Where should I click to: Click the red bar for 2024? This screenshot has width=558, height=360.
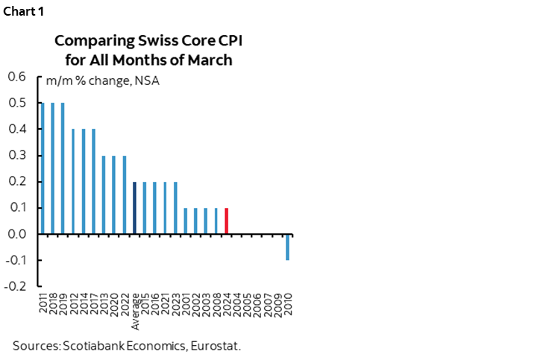(226, 221)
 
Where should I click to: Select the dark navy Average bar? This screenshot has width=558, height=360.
(134, 208)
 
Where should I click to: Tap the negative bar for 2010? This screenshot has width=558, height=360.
(288, 247)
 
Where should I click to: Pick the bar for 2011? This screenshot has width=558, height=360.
(43, 168)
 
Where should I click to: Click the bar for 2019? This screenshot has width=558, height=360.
(63, 168)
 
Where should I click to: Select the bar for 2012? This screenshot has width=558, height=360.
(73, 181)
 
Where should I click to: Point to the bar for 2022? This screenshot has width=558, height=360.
(124, 195)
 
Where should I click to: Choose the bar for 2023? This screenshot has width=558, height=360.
(175, 208)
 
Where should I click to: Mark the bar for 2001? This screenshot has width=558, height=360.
(185, 221)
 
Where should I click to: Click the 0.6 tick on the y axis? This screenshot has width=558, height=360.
(16, 77)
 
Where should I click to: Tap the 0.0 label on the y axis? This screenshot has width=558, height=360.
(16, 234)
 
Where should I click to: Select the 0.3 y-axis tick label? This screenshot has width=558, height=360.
(16, 155)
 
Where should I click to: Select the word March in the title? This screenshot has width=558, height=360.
(213, 60)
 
